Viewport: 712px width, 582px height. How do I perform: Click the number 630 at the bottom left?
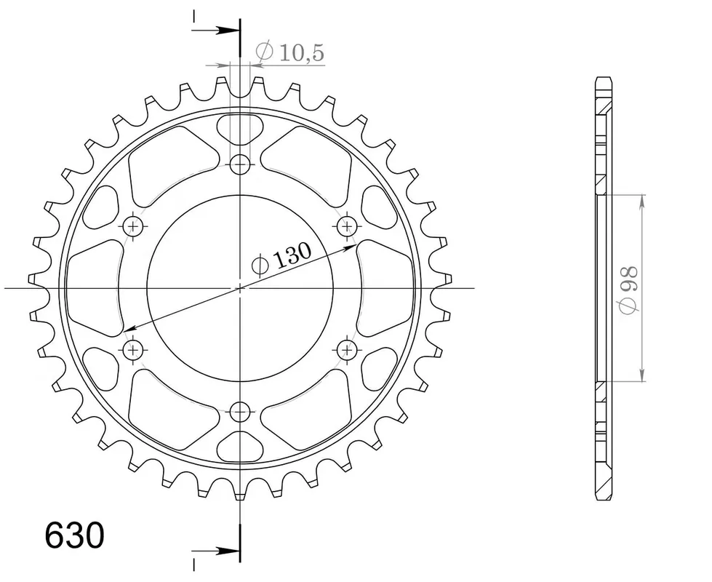tap(74, 535)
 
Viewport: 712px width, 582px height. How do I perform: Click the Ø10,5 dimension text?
tap(290, 52)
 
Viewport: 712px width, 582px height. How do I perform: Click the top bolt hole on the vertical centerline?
tap(240, 164)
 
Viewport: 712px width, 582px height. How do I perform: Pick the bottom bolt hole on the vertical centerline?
tap(240, 412)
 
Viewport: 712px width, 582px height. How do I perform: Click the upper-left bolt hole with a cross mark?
tap(133, 226)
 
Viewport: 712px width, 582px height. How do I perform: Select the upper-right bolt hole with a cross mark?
tap(348, 226)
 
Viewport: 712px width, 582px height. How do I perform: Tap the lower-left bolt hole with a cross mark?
tap(133, 350)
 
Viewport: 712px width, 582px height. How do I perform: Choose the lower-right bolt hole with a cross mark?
tap(348, 350)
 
